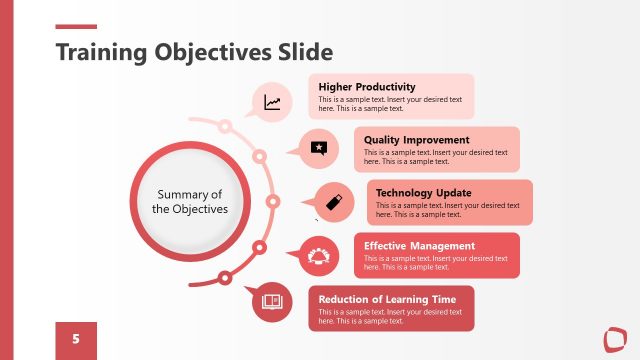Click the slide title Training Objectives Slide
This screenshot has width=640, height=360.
(x=194, y=51)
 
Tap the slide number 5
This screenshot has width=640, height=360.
(x=76, y=339)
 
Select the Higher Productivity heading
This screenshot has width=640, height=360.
(x=366, y=87)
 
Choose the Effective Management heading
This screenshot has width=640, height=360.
(x=419, y=245)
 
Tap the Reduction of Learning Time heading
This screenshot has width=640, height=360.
(x=387, y=298)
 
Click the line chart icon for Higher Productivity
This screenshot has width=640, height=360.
(x=272, y=102)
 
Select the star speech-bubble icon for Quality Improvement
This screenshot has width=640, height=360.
(x=319, y=148)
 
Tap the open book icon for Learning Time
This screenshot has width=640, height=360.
(x=271, y=301)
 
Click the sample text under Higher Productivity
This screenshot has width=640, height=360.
(x=389, y=104)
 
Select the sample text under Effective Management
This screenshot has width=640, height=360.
(x=435, y=262)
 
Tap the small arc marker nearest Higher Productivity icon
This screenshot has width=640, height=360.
(x=226, y=126)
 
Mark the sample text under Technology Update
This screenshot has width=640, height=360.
(x=447, y=209)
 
